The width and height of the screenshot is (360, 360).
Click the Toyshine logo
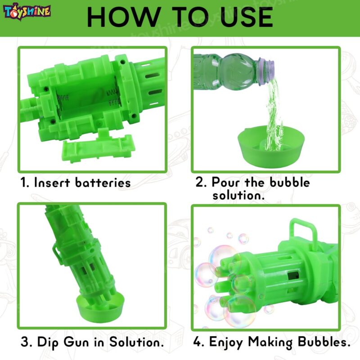[27, 12]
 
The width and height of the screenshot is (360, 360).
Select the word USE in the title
[246, 17]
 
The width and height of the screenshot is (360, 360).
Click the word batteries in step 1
[103, 183]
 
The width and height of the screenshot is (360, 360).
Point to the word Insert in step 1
[52, 183]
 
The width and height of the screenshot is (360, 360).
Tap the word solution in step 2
[238, 196]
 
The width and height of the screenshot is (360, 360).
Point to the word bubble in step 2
[289, 183]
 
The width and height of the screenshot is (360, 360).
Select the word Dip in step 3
[48, 342]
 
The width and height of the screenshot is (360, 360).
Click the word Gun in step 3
[76, 342]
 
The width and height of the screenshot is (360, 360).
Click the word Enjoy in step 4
[226, 342]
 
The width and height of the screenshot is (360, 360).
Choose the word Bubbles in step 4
[324, 342]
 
